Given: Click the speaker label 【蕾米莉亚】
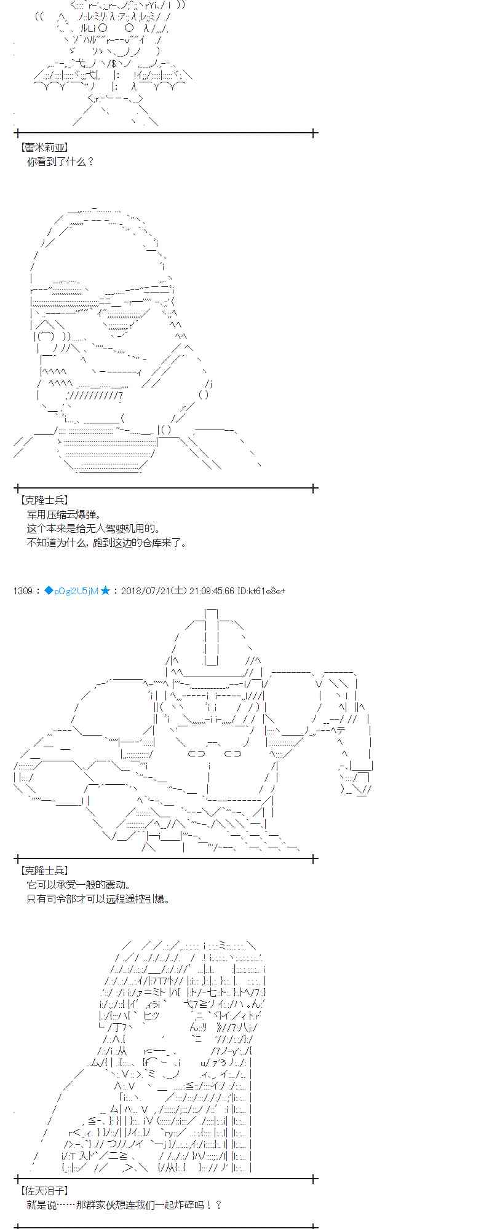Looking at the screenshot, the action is (44, 147).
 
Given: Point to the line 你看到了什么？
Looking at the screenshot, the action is (60, 162).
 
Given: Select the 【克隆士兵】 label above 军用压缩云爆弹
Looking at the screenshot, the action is (44, 501).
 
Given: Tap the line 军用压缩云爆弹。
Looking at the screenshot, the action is (64, 514).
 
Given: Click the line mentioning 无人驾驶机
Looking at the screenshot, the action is (93, 528).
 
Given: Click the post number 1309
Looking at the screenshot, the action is (22, 591).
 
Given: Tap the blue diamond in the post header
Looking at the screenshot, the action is (49, 591).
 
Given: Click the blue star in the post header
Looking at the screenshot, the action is (105, 591).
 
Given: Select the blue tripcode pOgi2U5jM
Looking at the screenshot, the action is (76, 591).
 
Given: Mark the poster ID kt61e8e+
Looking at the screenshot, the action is (265, 591).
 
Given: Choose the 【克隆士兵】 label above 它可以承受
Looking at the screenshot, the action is (44, 871).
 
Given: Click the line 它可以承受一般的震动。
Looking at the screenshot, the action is (79, 885).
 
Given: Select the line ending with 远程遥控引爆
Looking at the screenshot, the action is (98, 899).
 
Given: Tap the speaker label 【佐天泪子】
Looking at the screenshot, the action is (44, 1191).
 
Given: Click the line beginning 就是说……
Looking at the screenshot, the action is (124, 1205).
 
